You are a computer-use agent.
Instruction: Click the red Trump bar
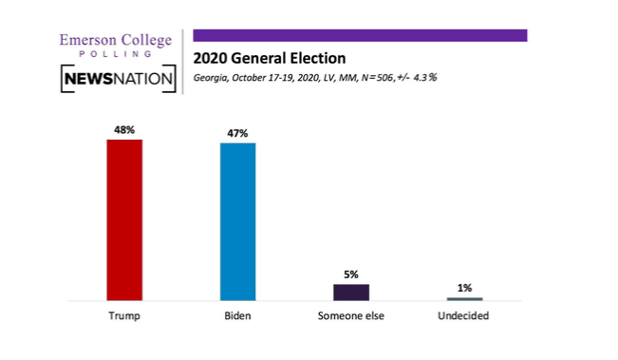[124, 219]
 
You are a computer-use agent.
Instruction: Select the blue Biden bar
[237, 221]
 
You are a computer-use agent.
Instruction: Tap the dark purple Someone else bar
[350, 292]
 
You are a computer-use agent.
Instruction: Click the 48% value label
[124, 129]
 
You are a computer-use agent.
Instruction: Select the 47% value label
[237, 133]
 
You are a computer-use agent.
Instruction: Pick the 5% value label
[351, 275]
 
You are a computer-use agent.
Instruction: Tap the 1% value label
[464, 287]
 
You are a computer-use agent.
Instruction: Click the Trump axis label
[124, 315]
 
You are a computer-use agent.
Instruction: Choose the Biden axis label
[237, 315]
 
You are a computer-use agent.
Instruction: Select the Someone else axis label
[350, 315]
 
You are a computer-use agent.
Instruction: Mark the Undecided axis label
[464, 315]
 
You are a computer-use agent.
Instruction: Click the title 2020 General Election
[269, 58]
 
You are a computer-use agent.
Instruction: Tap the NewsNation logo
[119, 79]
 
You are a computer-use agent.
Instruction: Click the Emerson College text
[115, 40]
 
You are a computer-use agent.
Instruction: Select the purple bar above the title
[360, 35]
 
